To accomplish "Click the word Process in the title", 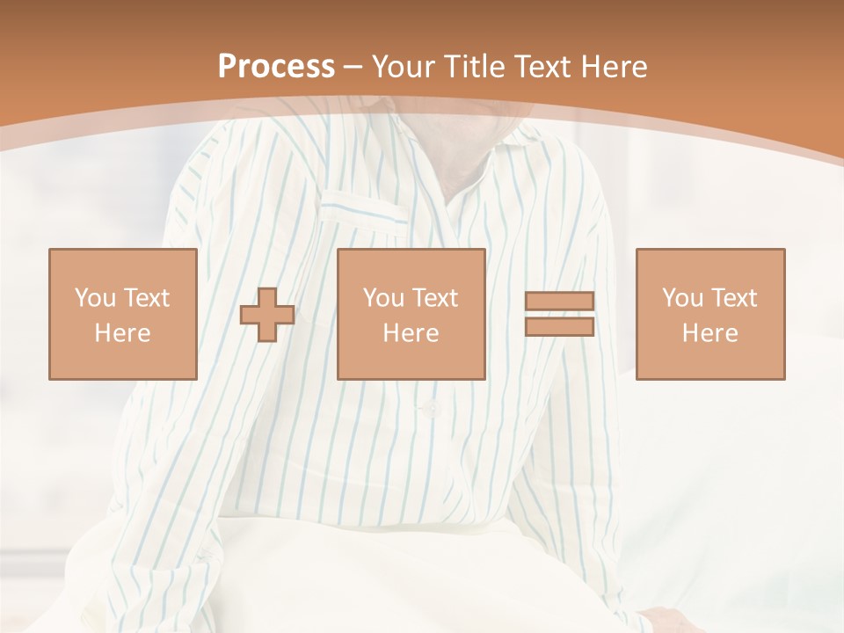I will coord(276,67).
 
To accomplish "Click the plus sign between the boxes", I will coord(267,315).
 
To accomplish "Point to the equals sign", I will coord(559,314).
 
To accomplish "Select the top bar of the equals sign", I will coord(559,302).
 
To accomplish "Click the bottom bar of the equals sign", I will coord(559,326).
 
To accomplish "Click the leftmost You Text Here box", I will coord(122,314).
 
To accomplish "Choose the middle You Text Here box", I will coord(411,314).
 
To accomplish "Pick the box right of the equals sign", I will coord(709,314).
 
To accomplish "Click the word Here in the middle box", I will coord(411,333).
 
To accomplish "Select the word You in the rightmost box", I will coord(682,298).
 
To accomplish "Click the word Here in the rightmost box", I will coord(709,333).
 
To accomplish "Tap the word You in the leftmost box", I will coord(95,298).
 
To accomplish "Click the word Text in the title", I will coord(542,67).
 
